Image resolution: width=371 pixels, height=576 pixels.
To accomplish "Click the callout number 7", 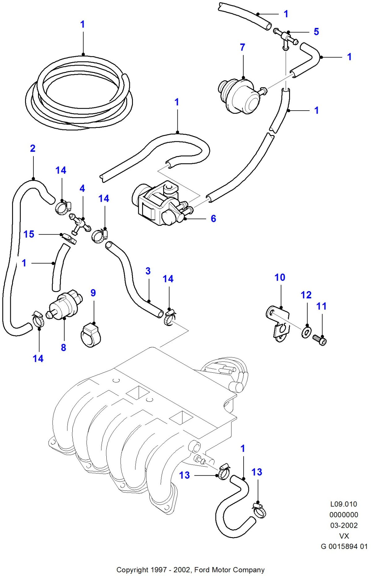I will (x=242, y=47).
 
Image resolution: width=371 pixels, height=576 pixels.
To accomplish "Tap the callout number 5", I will (x=316, y=32).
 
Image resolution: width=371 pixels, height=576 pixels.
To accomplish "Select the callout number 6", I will (x=213, y=218).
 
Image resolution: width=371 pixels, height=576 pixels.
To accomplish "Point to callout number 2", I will (x=33, y=148).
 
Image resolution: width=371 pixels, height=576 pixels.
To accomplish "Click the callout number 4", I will (x=82, y=188).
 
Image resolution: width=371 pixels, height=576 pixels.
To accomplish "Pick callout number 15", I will (x=29, y=234).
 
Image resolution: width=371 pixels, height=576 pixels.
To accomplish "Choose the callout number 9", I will (x=93, y=293).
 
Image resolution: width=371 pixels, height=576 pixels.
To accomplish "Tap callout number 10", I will (x=280, y=277).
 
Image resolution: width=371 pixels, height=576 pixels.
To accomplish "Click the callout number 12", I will (x=306, y=295).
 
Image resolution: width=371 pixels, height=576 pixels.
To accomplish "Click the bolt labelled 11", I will (x=320, y=340).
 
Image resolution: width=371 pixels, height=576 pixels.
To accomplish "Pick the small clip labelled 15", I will (x=69, y=238).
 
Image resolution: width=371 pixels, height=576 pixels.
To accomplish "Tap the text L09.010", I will (x=343, y=504).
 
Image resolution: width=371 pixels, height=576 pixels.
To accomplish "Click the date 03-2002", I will (x=344, y=525).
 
